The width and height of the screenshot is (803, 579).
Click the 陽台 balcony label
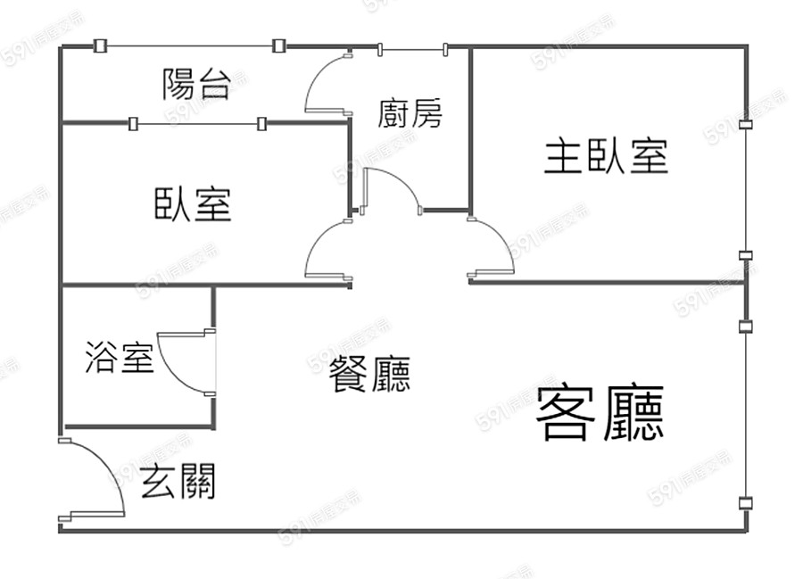point(196,84)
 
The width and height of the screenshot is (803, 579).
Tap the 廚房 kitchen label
point(410,113)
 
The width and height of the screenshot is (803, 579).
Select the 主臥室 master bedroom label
point(606,157)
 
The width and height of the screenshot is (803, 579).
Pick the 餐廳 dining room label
point(369,375)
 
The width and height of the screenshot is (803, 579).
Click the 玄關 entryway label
point(178,483)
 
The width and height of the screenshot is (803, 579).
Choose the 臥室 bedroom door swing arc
point(328,251)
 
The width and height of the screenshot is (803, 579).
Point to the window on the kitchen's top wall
point(410,48)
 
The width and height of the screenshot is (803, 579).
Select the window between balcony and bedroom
point(196,124)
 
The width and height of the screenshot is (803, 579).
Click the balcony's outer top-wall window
point(189,45)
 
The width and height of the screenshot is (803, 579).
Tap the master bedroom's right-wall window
point(746,189)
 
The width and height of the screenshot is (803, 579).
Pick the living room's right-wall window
point(746,415)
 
